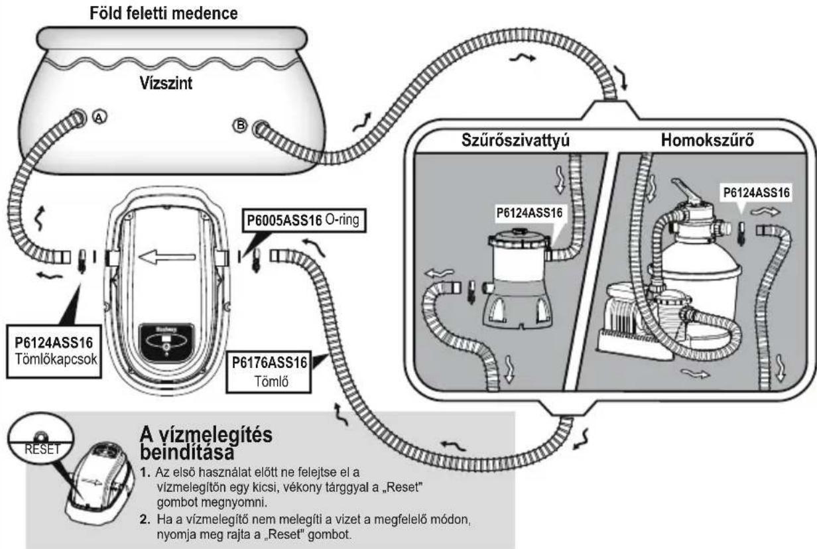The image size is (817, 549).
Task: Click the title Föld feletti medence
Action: point(164,14)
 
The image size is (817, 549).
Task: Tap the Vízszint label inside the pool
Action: point(166,84)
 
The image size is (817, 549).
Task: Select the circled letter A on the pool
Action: point(99,117)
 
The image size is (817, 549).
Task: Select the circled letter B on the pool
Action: point(240,126)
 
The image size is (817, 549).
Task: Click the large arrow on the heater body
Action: point(167,257)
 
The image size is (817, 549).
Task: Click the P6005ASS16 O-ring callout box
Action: point(304,220)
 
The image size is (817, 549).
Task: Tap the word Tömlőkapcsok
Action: point(56,359)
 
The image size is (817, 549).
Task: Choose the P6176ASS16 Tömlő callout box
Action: point(269,372)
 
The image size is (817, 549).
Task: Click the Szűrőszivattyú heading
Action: point(515,141)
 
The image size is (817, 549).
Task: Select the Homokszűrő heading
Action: point(708,141)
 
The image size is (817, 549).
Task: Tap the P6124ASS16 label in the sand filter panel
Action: point(757,192)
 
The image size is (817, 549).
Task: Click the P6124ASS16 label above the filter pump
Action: point(530,213)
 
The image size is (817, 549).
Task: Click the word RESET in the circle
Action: point(42,450)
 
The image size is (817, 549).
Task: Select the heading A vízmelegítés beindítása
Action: point(206,443)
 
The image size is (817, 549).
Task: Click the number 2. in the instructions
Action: point(145,519)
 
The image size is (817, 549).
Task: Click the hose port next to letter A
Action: point(78,118)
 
